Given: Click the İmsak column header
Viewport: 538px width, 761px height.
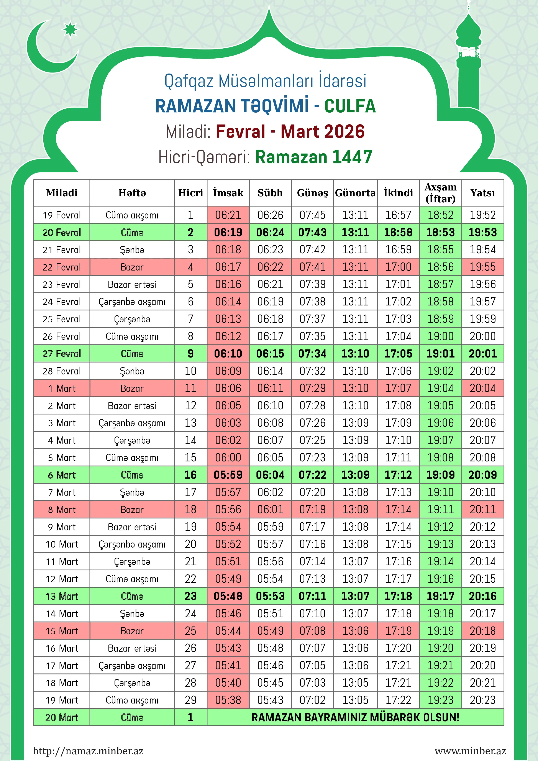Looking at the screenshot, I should click(x=228, y=193).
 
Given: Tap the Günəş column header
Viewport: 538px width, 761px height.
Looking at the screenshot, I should click(x=312, y=193).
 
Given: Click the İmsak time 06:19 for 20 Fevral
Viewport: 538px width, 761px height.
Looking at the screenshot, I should click(x=228, y=232).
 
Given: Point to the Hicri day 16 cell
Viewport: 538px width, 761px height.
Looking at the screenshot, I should click(x=191, y=475).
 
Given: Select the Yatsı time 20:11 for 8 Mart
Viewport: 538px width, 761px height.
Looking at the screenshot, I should click(x=483, y=509).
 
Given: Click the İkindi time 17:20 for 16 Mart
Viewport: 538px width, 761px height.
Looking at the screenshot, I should click(x=398, y=648).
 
